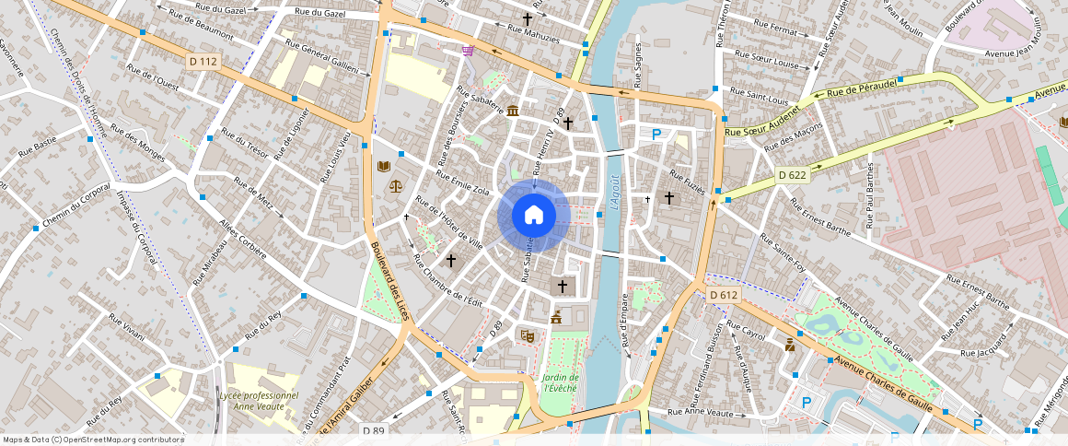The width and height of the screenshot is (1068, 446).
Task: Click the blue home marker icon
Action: click(x=534, y=216)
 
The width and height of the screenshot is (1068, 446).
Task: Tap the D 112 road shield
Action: click(x=203, y=61)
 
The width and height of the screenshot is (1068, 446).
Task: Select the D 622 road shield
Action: click(x=792, y=175)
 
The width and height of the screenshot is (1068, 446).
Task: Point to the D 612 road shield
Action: click(x=725, y=295)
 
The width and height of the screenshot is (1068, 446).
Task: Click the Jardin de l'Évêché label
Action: click(x=560, y=382)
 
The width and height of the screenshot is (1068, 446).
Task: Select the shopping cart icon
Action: click(x=469, y=51)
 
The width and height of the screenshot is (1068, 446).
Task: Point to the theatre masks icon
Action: click(x=527, y=336)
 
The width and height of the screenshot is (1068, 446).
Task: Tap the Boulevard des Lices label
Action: click(x=390, y=281)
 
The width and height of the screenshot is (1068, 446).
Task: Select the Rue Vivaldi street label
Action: click(x=126, y=327)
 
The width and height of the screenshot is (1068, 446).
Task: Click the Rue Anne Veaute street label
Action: click(x=702, y=412)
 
